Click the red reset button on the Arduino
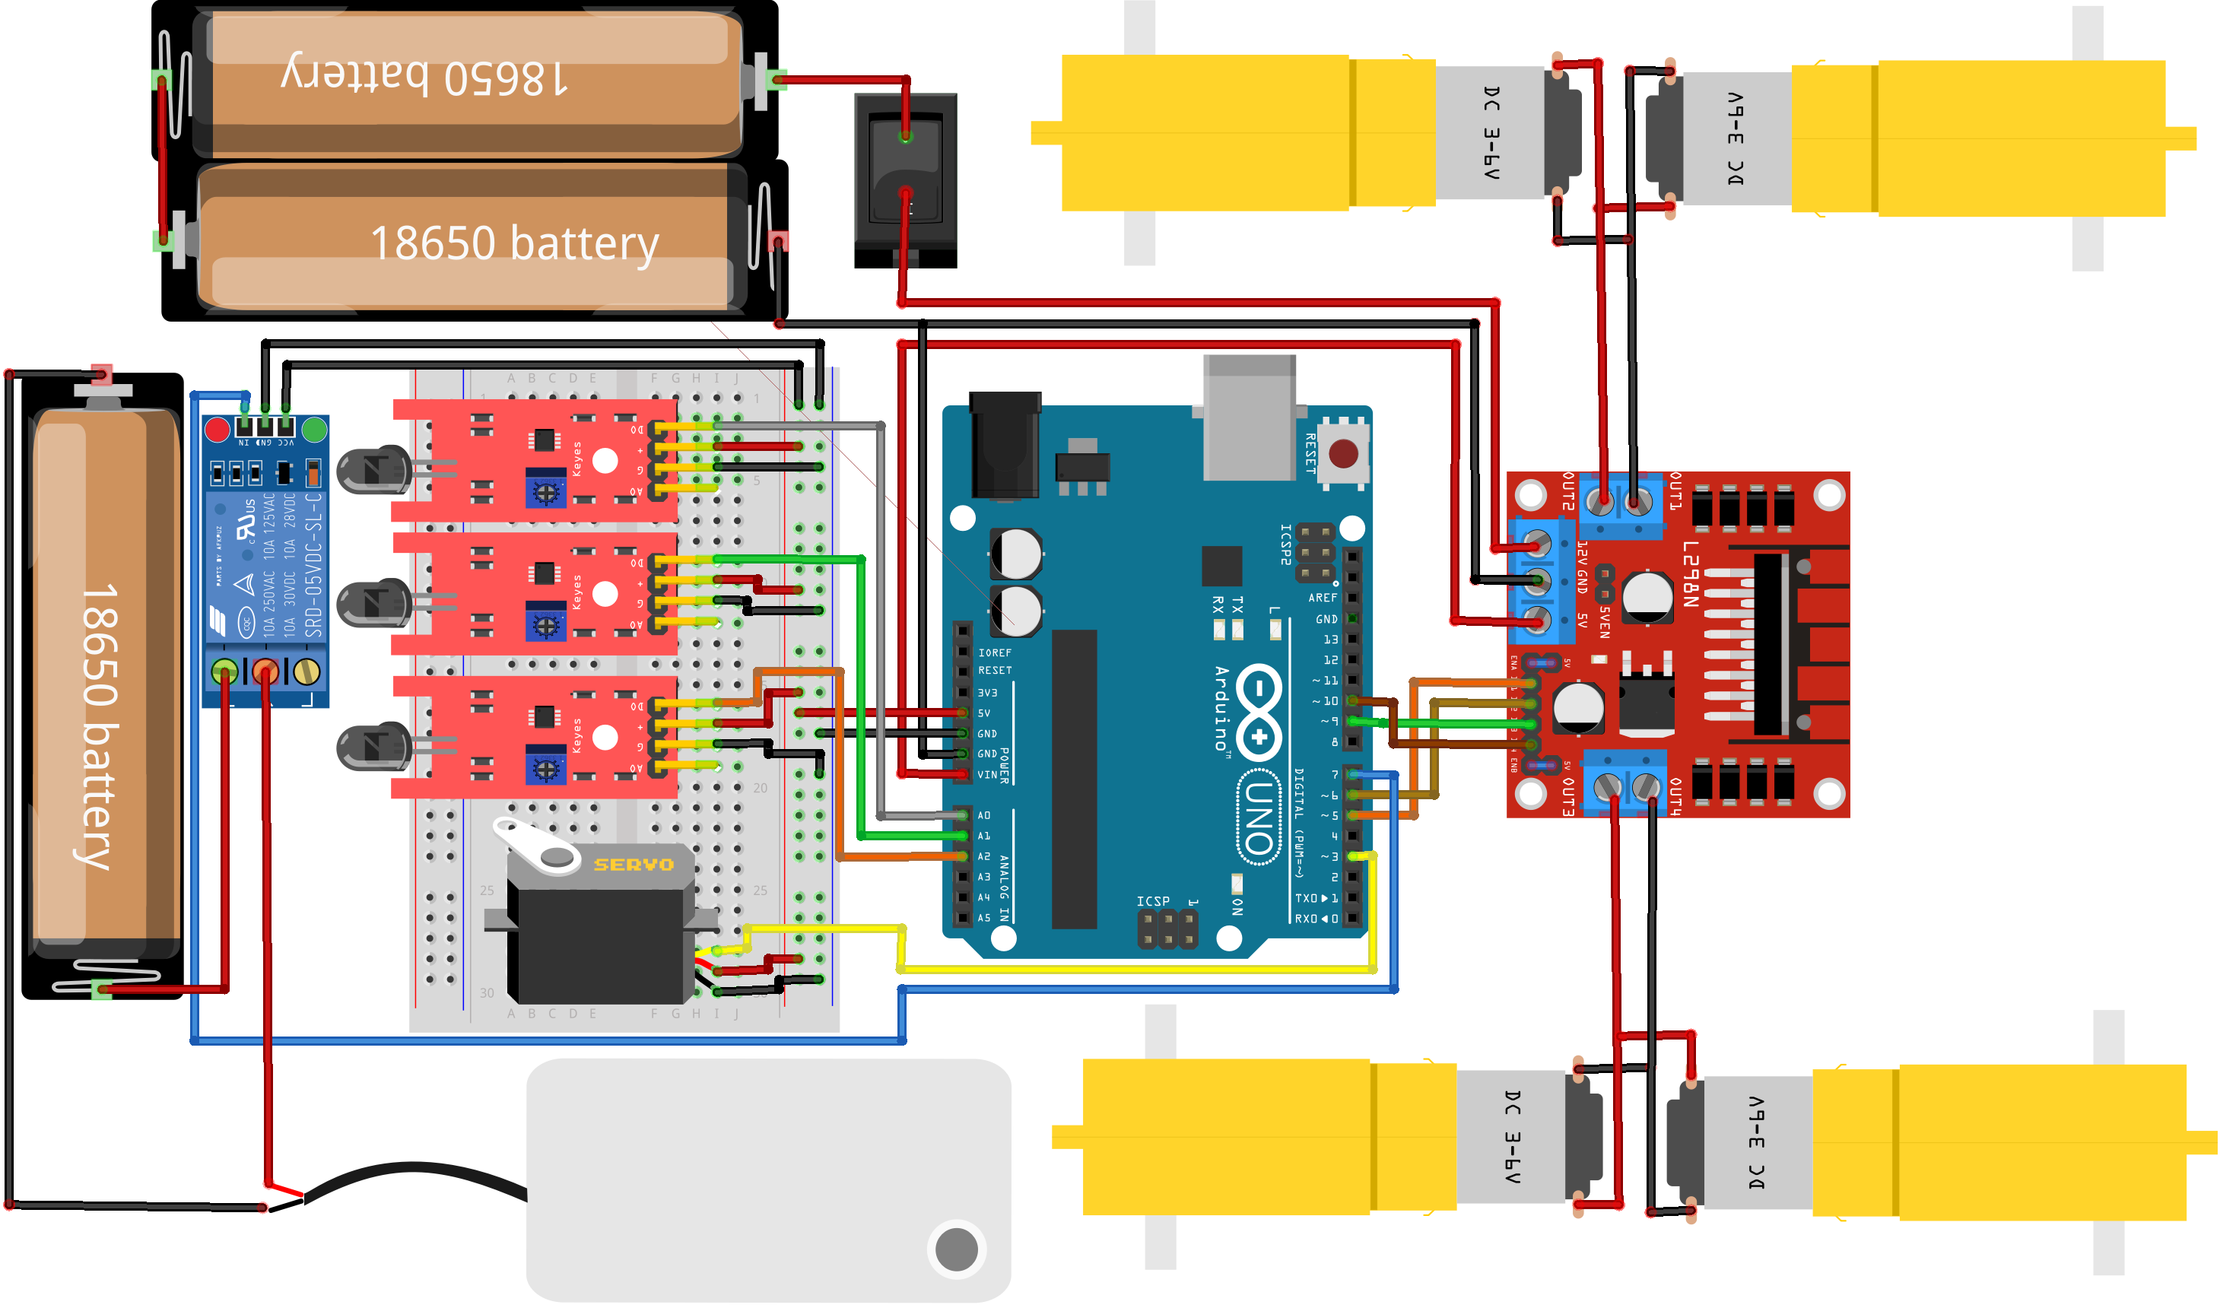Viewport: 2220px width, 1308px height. click(1342, 454)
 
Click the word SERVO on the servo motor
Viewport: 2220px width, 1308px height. click(633, 865)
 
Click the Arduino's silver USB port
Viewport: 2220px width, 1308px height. click(1249, 414)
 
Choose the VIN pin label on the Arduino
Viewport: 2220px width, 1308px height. click(987, 775)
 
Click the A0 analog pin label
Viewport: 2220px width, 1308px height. click(984, 815)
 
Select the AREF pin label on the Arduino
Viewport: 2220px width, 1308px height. click(1322, 598)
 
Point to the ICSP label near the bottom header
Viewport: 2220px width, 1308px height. click(1153, 901)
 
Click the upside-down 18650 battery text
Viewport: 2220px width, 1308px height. click(423, 78)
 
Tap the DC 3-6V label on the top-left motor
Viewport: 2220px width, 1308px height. click(1491, 132)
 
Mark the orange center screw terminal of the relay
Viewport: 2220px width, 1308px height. click(265, 671)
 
